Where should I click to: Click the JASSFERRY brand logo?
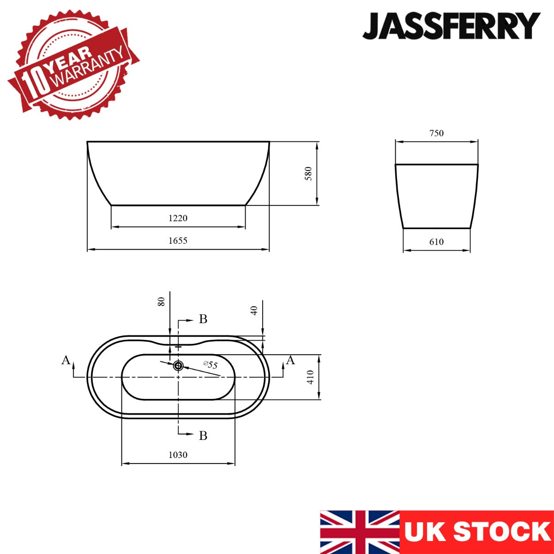tap(451, 26)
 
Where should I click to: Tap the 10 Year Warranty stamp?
tap(73, 65)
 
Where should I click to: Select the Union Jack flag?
tap(360, 532)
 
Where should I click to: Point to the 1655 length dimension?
tap(178, 241)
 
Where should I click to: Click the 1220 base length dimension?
tap(178, 218)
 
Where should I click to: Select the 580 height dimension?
tap(308, 174)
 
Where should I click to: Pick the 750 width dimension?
tap(436, 133)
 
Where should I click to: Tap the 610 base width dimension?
tap(436, 242)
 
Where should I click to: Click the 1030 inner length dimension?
tap(178, 455)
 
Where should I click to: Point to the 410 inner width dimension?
tap(311, 377)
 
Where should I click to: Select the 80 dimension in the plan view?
tap(162, 302)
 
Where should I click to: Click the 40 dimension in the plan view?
tap(254, 311)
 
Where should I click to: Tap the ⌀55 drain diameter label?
tap(211, 365)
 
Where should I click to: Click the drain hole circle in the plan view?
tap(178, 366)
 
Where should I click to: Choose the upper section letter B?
tap(203, 319)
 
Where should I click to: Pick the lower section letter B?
tap(203, 436)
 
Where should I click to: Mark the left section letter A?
tap(66, 360)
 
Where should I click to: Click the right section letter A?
tap(290, 360)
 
